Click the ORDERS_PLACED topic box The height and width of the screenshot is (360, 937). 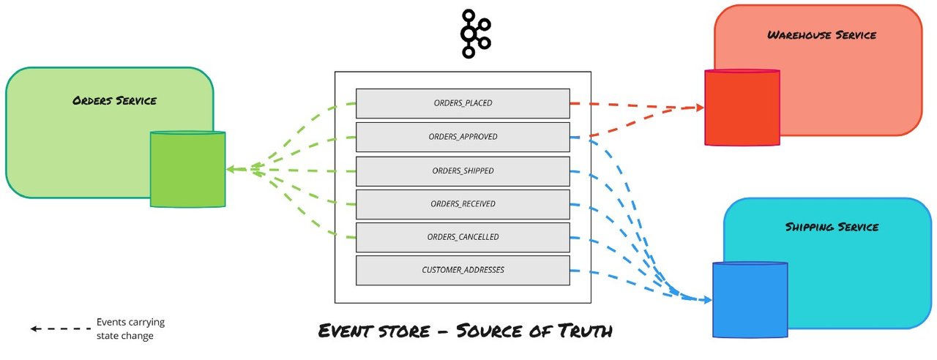(463, 103)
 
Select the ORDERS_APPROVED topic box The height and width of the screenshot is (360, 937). (463, 137)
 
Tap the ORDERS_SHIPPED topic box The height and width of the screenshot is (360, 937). (463, 171)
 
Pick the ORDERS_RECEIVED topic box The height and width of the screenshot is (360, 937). (463, 204)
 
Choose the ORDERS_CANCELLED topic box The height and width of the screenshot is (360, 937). (463, 238)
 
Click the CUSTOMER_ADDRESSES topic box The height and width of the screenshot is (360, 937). (463, 271)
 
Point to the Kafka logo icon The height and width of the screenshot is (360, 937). (476, 34)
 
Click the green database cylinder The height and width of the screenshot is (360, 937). (188, 169)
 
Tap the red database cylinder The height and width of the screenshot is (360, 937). (742, 108)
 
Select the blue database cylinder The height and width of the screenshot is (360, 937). (750, 300)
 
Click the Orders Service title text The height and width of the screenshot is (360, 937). (115, 101)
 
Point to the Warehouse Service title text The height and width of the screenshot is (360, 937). (821, 35)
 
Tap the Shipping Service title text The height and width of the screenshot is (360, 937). (832, 227)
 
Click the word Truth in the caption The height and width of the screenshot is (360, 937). (585, 331)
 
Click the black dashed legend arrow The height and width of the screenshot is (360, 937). (61, 329)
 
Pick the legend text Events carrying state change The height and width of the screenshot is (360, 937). (130, 329)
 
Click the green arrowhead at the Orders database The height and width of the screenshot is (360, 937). (231, 169)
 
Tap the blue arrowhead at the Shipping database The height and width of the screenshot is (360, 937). (708, 300)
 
